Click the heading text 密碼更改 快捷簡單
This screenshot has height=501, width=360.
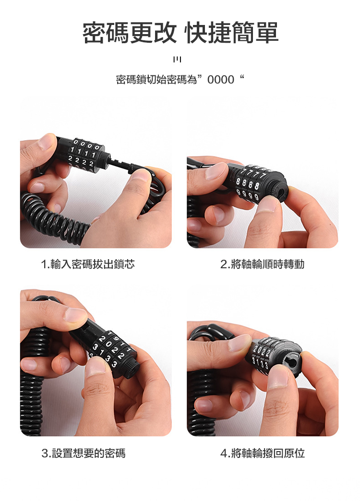coord(180,33)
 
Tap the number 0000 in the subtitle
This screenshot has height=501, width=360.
coord(221,80)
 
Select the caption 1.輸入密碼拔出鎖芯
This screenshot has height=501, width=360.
coord(88,264)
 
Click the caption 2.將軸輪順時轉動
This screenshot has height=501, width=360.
coord(262,264)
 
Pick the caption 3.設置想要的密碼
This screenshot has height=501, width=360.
coord(84,453)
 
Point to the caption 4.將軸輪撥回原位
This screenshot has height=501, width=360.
coord(263,453)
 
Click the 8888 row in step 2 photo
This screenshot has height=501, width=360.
coord(248,184)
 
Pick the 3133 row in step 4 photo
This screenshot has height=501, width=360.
coord(260,363)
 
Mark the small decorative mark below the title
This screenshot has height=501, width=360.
coord(177,60)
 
